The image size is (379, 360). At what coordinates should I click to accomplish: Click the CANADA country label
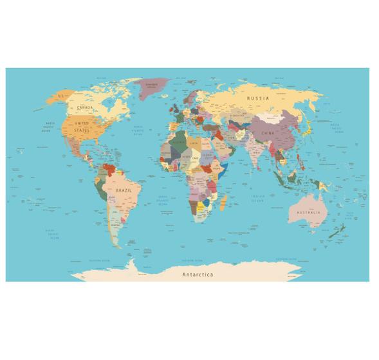(x=85, y=108)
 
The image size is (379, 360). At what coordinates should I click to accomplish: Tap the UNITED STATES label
(x=82, y=126)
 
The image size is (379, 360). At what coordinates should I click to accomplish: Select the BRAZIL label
(x=124, y=191)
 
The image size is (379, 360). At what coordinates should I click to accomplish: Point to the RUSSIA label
(x=257, y=98)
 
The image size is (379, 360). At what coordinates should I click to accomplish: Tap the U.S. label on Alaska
(x=62, y=96)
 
